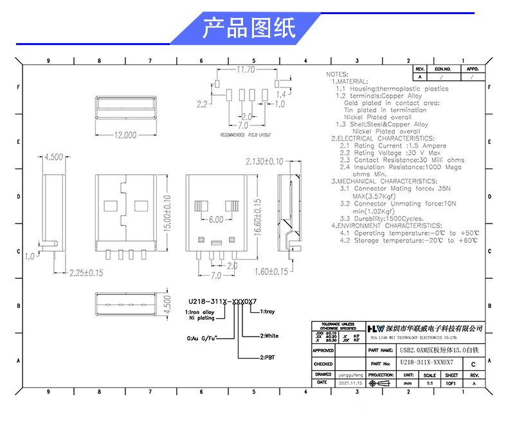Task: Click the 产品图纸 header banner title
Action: (x=249, y=29)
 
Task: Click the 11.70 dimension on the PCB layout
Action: (x=246, y=69)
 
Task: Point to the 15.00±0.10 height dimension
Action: (x=168, y=213)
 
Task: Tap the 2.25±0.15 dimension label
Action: (x=86, y=272)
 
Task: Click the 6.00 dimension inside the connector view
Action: (x=215, y=219)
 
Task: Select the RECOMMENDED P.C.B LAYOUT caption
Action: (x=246, y=136)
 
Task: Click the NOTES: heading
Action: (x=338, y=75)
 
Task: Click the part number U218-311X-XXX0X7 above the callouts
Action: (x=222, y=301)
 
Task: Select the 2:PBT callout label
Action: (x=250, y=357)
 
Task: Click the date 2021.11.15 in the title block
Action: (x=351, y=382)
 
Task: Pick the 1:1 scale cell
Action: (x=430, y=382)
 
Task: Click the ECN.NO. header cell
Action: (x=444, y=68)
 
